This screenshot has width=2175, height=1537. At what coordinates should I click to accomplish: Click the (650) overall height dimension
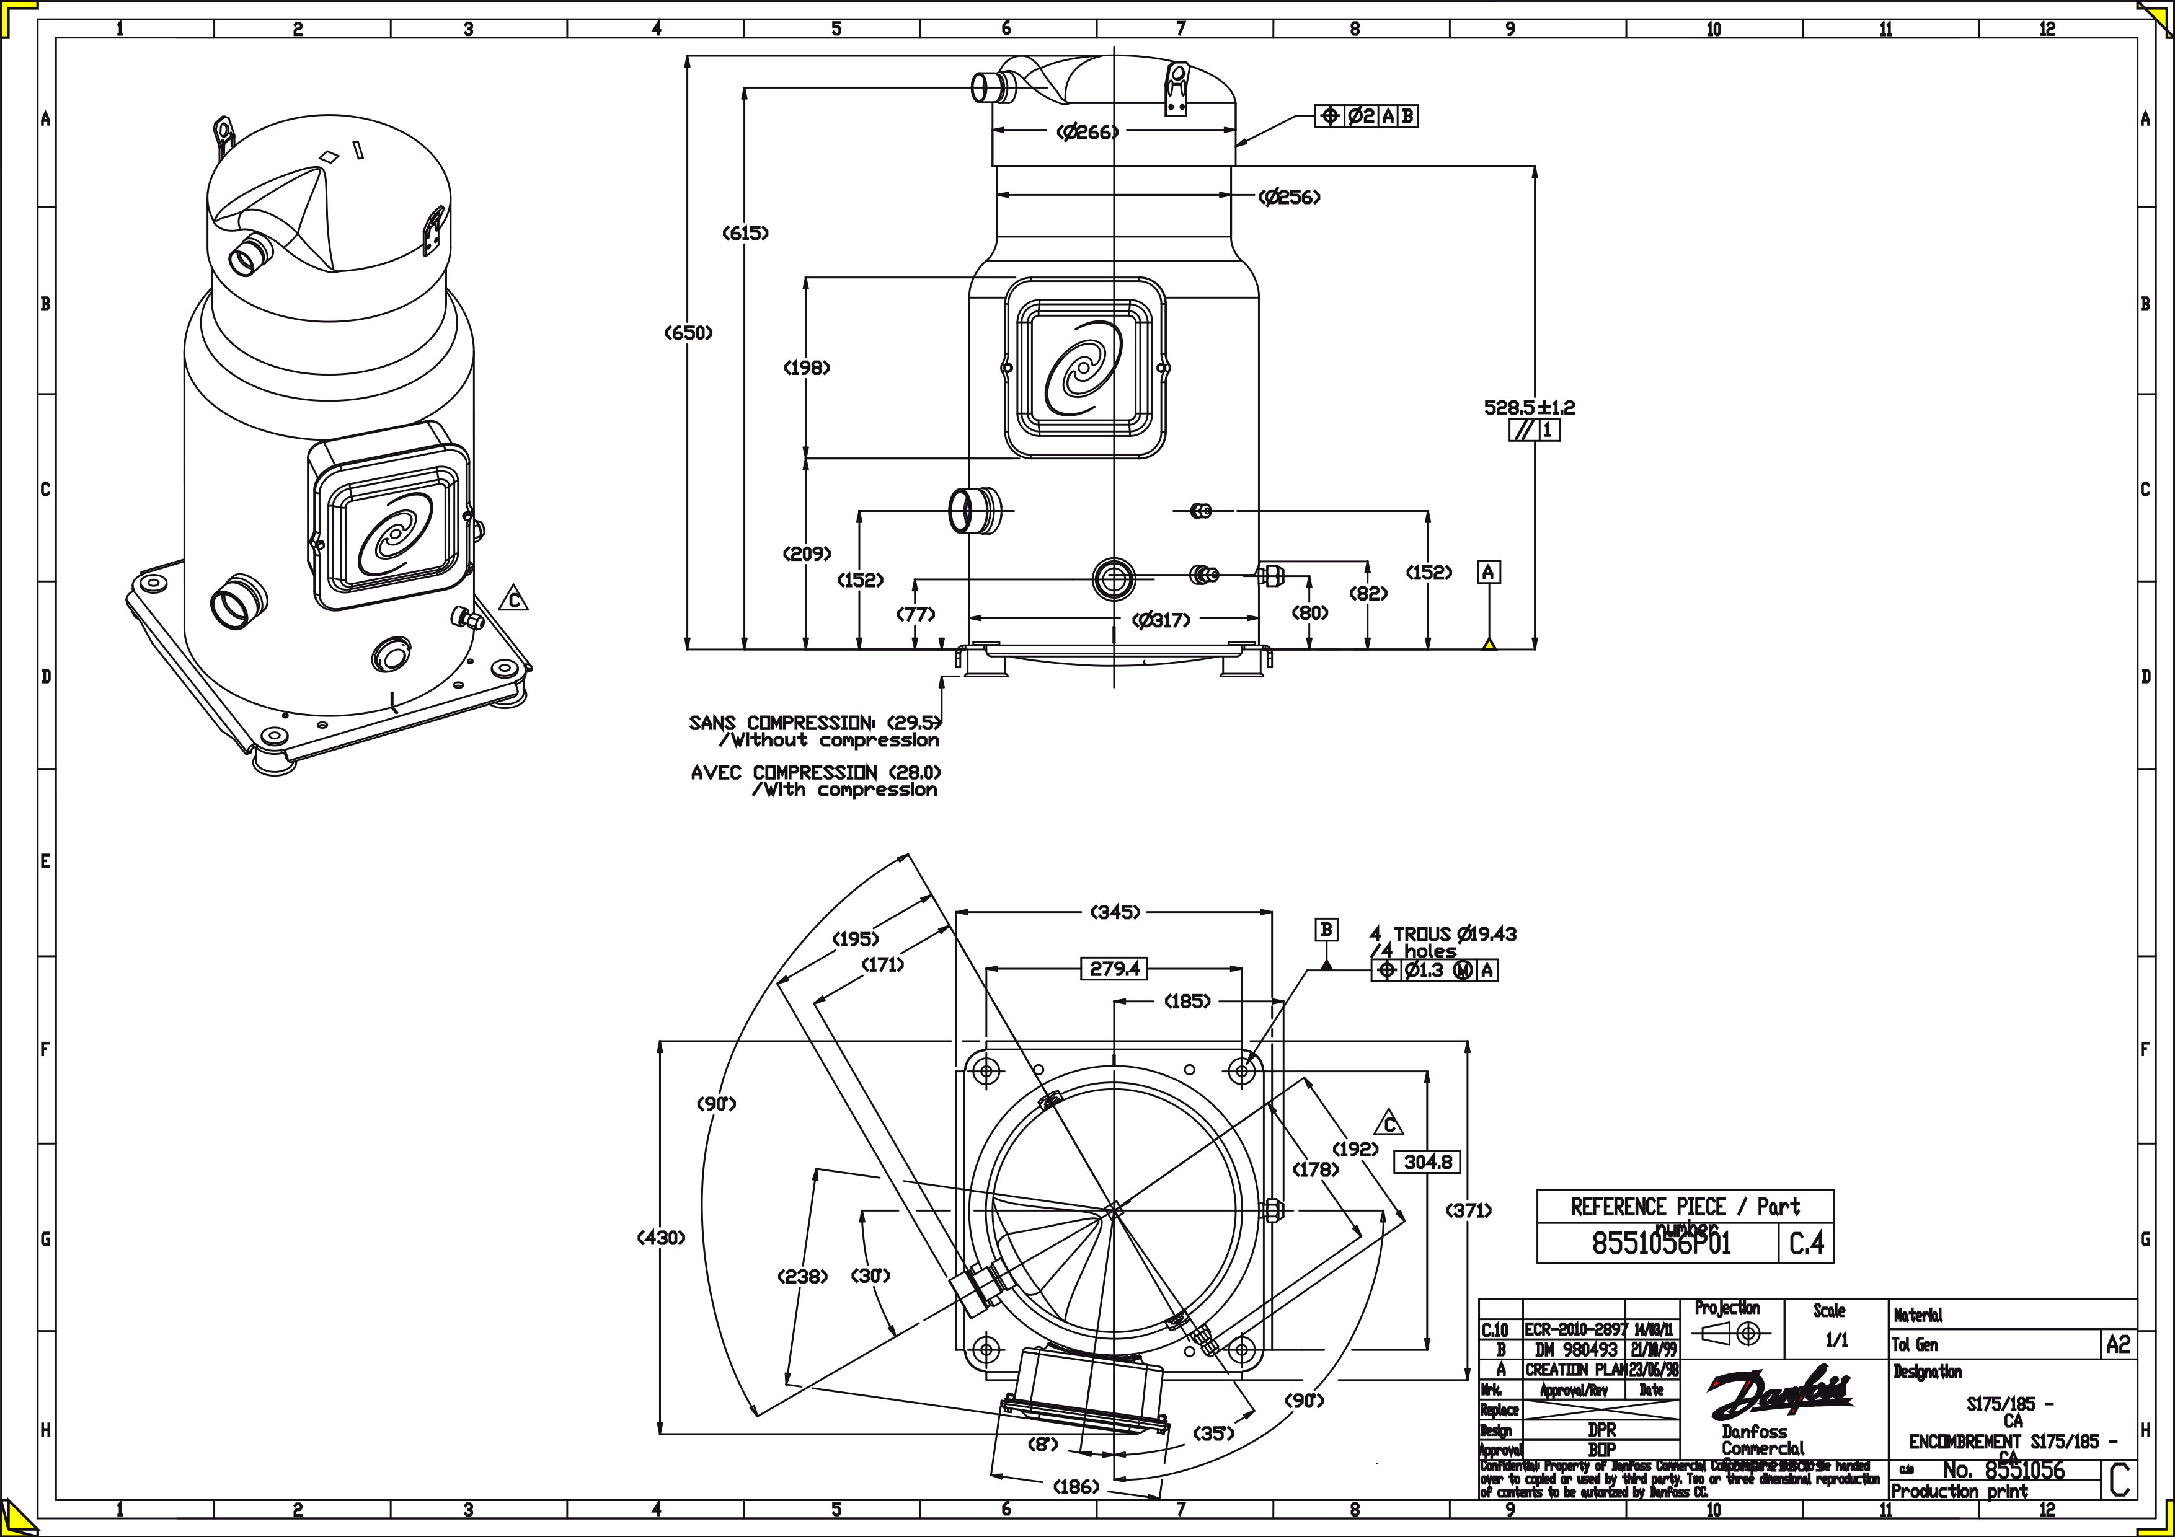689,332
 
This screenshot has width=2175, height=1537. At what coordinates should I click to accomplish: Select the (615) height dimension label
745,232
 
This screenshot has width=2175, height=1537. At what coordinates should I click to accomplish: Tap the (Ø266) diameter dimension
1087,133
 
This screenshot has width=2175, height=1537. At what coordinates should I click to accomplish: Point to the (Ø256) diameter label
1289,197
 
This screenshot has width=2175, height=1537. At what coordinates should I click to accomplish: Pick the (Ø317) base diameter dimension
1161,620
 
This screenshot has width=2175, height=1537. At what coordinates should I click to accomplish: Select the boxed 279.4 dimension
1114,969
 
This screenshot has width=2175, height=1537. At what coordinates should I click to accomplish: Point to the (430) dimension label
660,1237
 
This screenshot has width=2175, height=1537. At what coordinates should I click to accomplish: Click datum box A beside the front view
1488,572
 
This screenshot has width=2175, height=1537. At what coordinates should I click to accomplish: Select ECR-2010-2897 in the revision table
1576,1329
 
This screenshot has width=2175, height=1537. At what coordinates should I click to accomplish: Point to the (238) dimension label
802,1277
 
